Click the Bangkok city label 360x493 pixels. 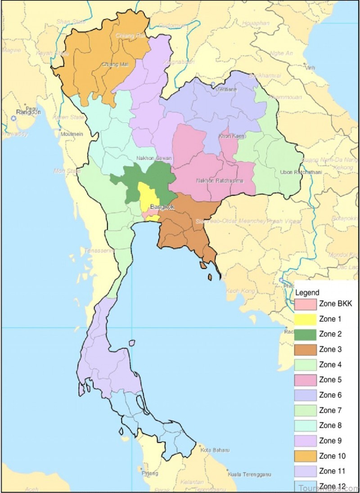click(x=162, y=207)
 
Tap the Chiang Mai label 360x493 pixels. click(x=115, y=64)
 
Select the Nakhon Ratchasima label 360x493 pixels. click(x=220, y=181)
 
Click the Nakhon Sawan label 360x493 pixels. click(x=154, y=158)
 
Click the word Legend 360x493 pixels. click(x=308, y=293)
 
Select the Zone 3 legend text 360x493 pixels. click(x=330, y=349)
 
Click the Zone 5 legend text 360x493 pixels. click(x=330, y=380)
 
